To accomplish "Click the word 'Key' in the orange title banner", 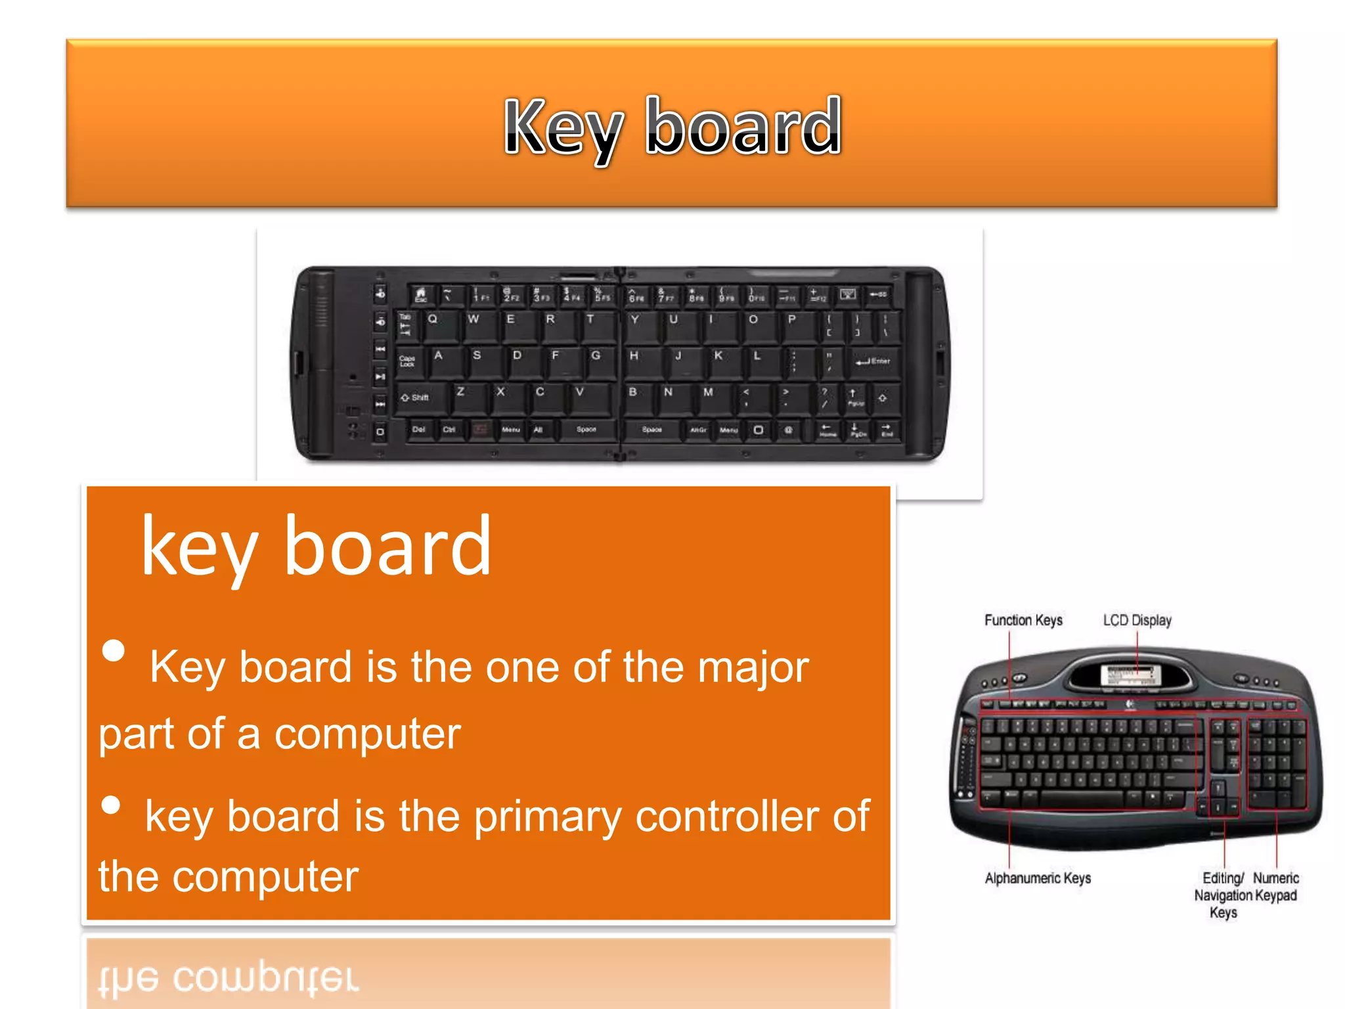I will tap(563, 127).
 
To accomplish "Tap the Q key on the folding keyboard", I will tap(437, 325).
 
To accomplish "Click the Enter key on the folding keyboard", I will tap(873, 362).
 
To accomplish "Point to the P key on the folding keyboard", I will tap(795, 325).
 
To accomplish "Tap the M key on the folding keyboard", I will tap(711, 397).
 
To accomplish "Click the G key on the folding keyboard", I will tap(598, 361).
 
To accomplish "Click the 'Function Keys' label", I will tap(1023, 620).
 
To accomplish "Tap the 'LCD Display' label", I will tap(1137, 620).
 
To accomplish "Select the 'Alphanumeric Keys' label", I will tap(1038, 878).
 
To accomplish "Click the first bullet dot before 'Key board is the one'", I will tap(114, 650).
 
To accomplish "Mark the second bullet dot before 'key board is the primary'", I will tap(112, 805).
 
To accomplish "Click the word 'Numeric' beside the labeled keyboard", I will tap(1275, 878).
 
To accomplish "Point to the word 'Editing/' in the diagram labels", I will tap(1223, 878).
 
